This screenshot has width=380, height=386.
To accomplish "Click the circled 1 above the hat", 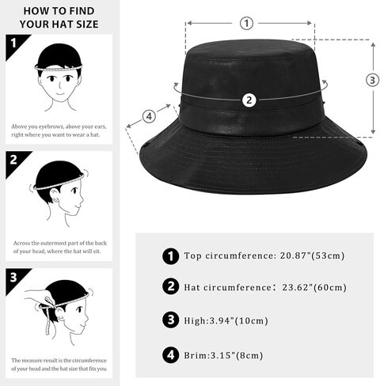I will point(247,23).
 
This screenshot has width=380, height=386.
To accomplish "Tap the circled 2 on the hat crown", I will point(249,100).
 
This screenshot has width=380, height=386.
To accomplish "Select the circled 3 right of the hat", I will point(373,79).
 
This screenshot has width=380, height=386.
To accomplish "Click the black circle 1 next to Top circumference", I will point(169,256).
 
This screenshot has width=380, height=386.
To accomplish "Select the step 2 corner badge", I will point(13,159).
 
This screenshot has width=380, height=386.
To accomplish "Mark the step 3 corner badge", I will point(13,277).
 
